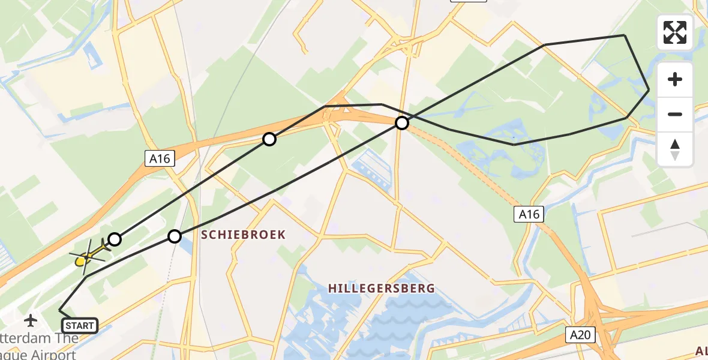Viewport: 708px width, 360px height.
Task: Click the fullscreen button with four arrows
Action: [675, 32]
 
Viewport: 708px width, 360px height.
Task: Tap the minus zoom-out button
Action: [675, 114]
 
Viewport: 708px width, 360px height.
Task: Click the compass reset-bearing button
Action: [675, 149]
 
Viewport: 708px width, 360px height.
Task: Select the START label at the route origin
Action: [79, 326]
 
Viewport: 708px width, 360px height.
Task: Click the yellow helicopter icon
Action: [87, 256]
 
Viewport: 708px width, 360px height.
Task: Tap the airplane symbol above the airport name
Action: [31, 320]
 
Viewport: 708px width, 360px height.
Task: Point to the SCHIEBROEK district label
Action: [243, 234]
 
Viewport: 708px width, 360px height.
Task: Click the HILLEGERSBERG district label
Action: [381, 289]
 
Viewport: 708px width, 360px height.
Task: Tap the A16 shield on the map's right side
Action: [529, 214]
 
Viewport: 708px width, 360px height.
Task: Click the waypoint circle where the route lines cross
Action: [402, 123]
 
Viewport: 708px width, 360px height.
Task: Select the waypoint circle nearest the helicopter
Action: [114, 239]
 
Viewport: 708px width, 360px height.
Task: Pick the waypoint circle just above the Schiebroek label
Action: [174, 236]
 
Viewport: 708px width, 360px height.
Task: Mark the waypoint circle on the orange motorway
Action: [269, 139]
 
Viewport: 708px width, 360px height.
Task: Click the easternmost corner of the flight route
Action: [649, 90]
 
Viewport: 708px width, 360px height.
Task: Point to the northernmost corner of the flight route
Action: [625, 35]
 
